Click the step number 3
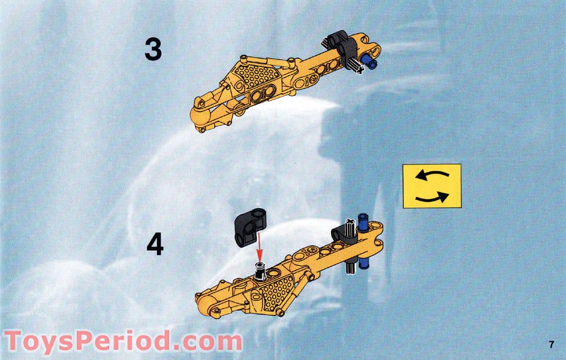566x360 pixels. coord(153,49)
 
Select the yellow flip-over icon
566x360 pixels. coord(432,186)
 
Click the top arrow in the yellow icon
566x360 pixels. coord(432,176)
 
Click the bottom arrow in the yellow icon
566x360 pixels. coord(432,197)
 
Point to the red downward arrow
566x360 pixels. coord(258,251)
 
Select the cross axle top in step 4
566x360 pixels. coord(350,224)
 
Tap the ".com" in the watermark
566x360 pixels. coord(206,341)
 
